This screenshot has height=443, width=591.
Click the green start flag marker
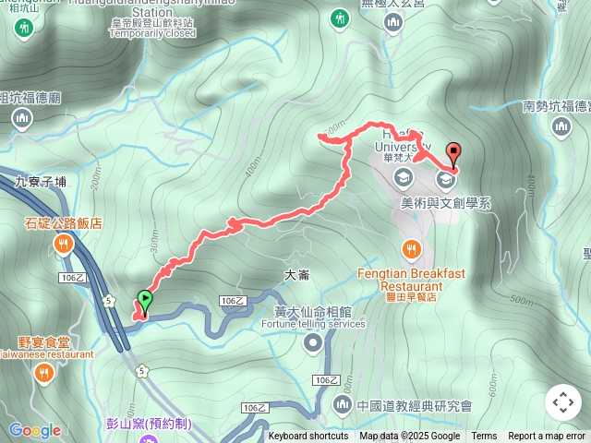(x=144, y=300)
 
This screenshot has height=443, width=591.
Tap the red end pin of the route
(x=452, y=153)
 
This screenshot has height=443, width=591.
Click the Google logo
(x=35, y=430)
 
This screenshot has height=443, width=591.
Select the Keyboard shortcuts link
(x=308, y=437)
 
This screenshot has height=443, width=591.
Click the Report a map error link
(x=547, y=437)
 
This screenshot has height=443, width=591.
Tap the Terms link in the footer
(x=484, y=437)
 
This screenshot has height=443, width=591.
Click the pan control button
(x=562, y=402)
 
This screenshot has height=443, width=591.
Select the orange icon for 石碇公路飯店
(x=63, y=245)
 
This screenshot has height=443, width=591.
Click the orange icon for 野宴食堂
(x=43, y=373)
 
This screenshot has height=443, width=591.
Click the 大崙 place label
(x=296, y=275)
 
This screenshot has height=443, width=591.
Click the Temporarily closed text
(x=152, y=33)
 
